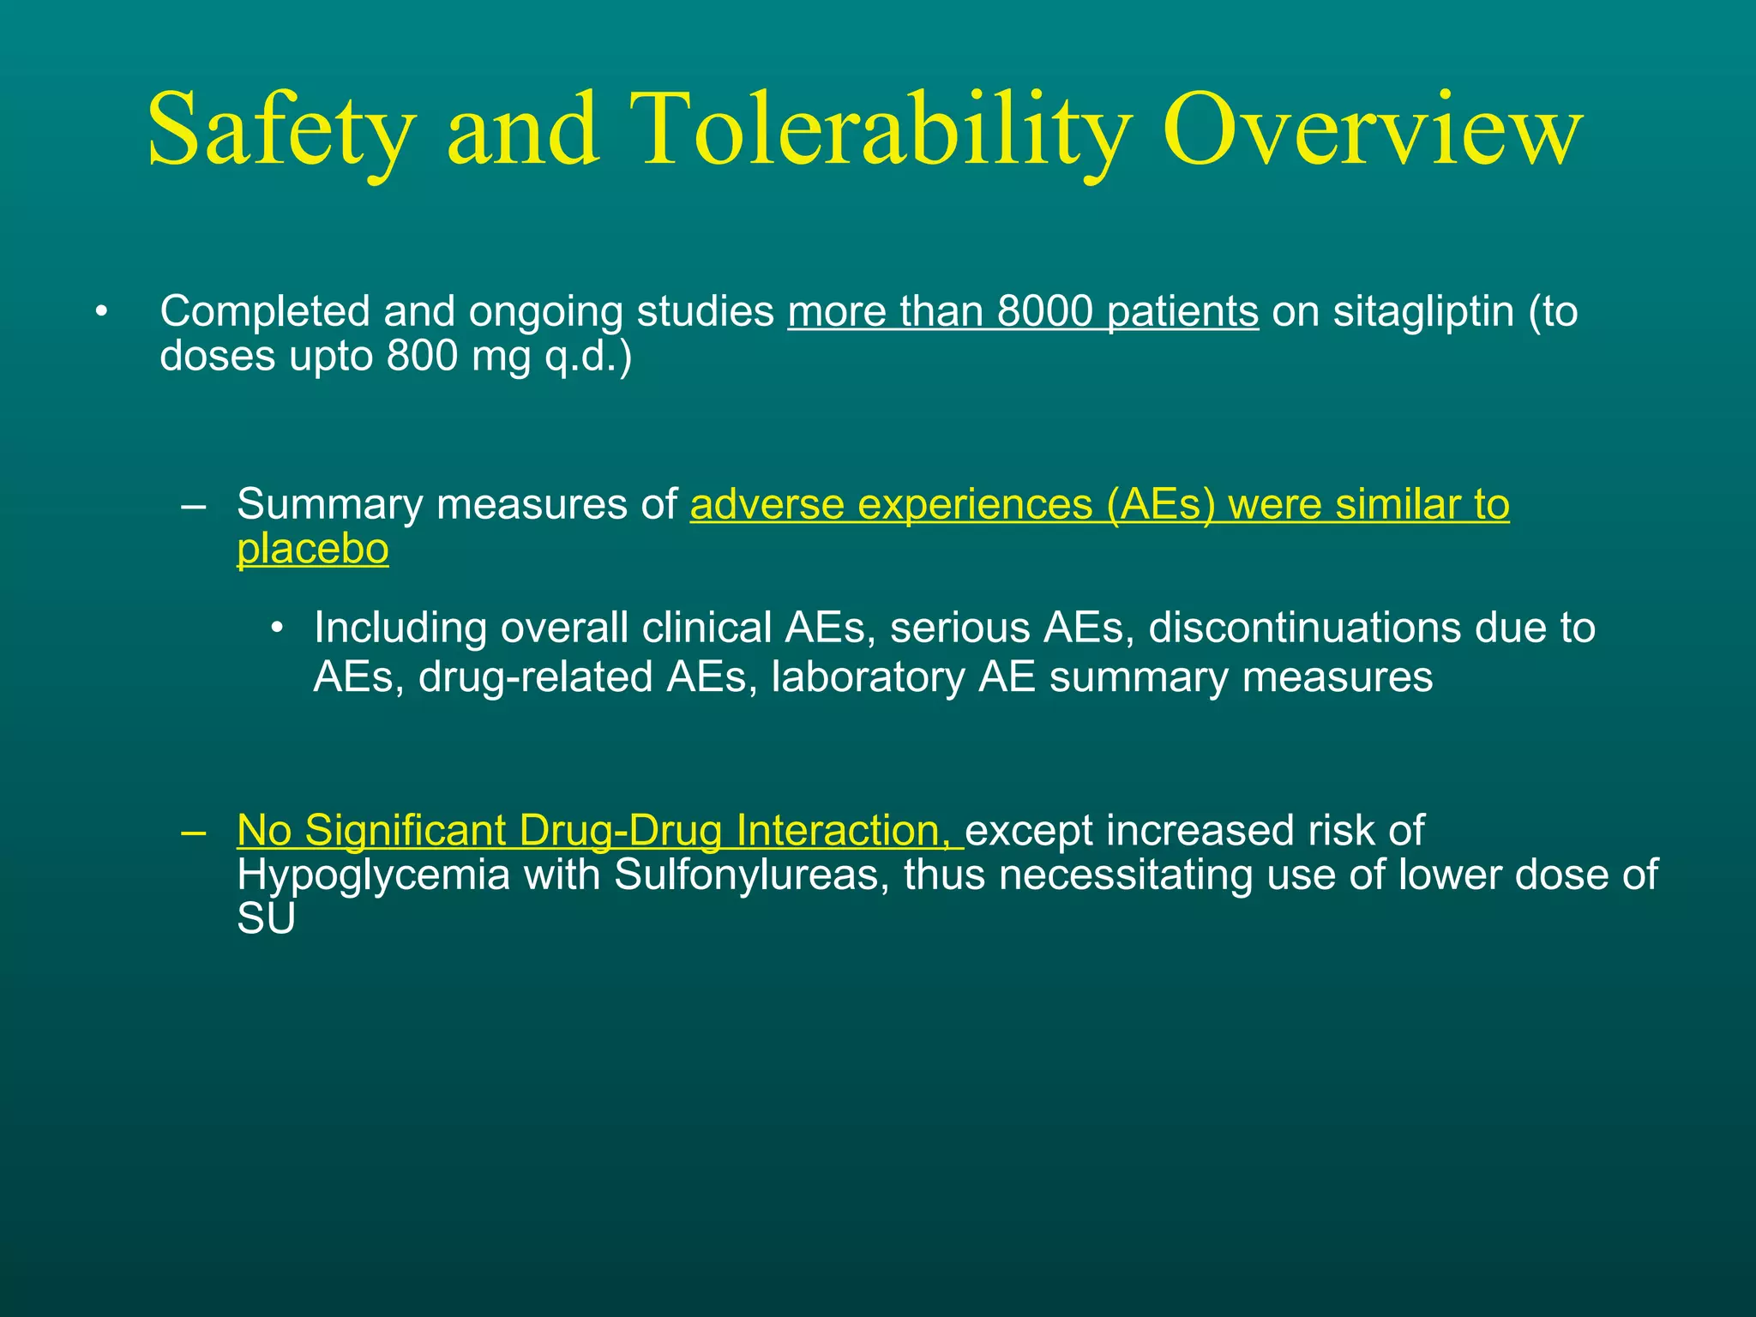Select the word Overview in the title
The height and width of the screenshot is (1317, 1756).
[x=1372, y=130]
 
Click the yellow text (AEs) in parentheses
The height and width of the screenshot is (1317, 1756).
[x=1161, y=504]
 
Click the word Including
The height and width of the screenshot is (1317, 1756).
[x=400, y=628]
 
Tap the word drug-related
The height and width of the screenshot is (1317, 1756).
[x=536, y=677]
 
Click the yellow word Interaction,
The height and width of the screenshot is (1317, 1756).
[x=849, y=831]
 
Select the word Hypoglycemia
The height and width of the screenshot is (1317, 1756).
[x=373, y=875]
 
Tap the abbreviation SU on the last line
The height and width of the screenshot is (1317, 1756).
[x=266, y=920]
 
